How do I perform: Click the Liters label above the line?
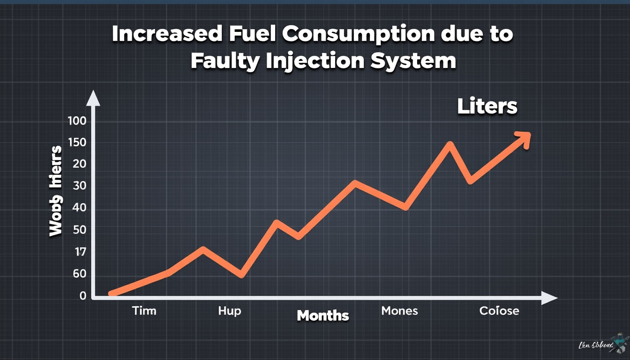pos(487,107)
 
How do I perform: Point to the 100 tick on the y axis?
pos(77,121)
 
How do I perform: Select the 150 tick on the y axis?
pos(77,143)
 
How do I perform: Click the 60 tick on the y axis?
pos(80,274)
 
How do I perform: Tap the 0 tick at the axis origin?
pos(83,296)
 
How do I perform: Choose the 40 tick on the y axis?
pos(80,208)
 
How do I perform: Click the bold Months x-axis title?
pos(322,315)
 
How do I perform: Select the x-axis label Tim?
pos(144,311)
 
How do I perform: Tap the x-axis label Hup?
pos(230,311)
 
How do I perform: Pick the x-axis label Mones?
pos(399,310)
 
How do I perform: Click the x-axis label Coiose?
pos(499,311)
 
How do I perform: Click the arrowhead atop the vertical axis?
pos(94,98)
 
